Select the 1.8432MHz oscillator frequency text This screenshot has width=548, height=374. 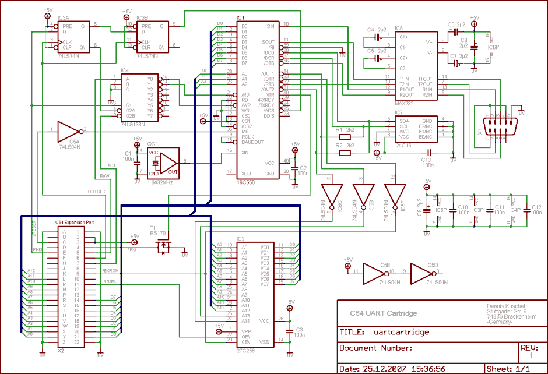[160, 182]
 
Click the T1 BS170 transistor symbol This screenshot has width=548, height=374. [161, 248]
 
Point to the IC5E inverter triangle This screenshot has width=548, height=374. [374, 272]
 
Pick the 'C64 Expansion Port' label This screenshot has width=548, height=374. [74, 222]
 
